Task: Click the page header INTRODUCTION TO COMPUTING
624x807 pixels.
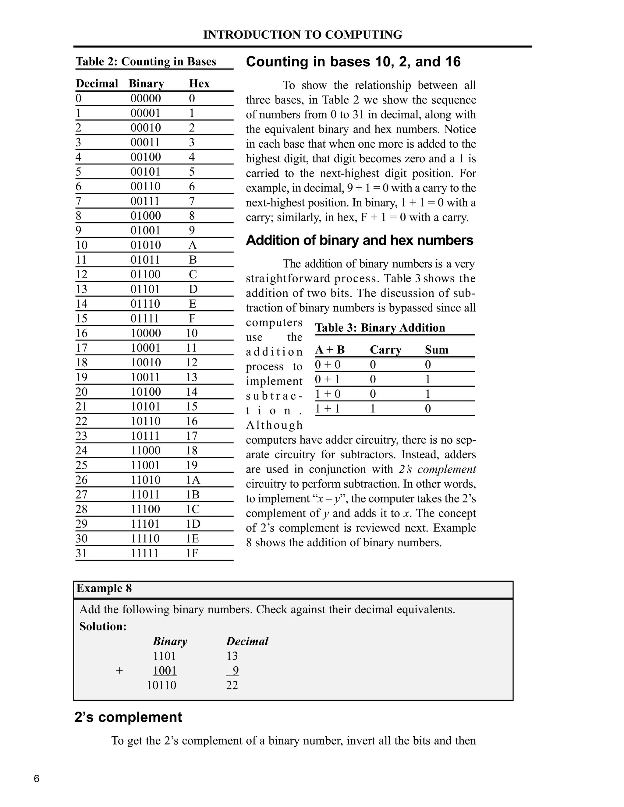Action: (x=302, y=35)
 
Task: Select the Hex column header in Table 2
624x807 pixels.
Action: (x=199, y=83)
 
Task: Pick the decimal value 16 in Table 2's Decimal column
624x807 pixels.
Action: (x=82, y=333)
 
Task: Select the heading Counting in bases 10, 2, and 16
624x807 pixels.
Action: (x=353, y=62)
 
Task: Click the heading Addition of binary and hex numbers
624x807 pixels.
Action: (x=359, y=240)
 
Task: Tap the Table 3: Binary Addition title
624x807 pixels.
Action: (x=380, y=328)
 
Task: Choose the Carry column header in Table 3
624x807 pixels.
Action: (x=385, y=350)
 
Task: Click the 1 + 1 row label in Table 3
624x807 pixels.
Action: (x=327, y=408)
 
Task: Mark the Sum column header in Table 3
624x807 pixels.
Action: (x=437, y=350)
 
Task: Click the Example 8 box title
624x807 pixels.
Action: (x=104, y=588)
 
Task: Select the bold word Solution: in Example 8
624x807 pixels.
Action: (x=103, y=626)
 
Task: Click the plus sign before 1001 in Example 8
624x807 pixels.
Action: (x=119, y=670)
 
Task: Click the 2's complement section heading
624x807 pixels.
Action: (x=128, y=717)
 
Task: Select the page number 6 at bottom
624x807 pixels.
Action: (x=37, y=779)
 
